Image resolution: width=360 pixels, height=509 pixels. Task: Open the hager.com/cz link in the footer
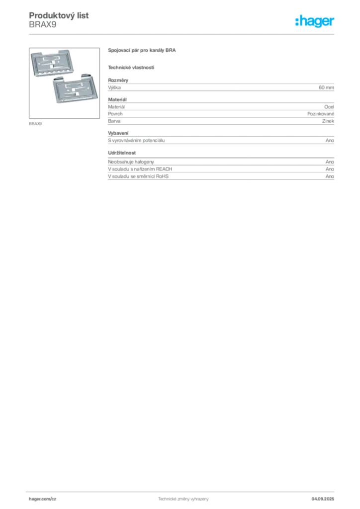[44, 498]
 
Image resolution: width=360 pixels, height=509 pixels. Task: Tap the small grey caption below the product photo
[36, 123]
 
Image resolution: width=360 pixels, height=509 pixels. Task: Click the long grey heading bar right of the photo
[143, 51]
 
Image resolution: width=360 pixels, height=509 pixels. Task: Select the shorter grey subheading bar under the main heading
[131, 67]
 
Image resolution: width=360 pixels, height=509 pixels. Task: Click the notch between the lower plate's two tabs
[74, 78]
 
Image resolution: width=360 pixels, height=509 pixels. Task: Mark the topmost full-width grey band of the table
[221, 87]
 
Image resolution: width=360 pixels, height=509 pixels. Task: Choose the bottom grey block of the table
[221, 177]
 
